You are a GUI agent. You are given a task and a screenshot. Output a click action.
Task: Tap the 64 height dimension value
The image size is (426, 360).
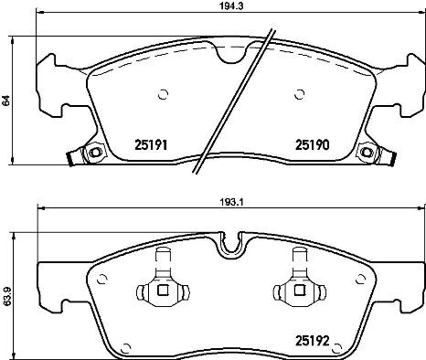click(x=7, y=101)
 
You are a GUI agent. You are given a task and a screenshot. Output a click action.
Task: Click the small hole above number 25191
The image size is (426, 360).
click(x=164, y=92)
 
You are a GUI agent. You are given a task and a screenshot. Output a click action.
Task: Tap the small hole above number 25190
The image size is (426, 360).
click(x=300, y=92)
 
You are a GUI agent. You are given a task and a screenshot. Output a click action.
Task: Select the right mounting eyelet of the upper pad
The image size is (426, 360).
click(x=367, y=153)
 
